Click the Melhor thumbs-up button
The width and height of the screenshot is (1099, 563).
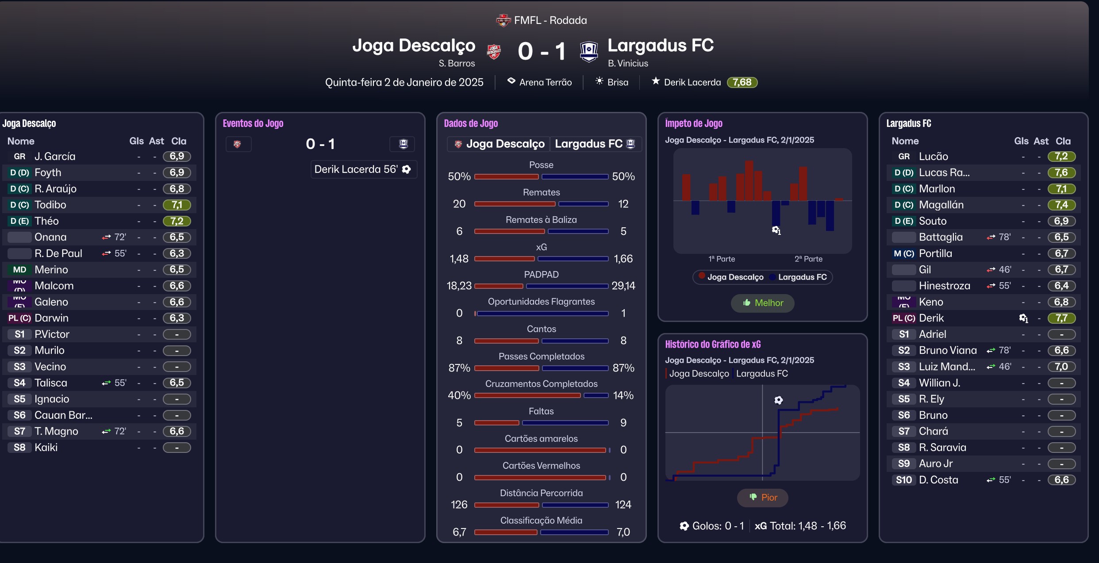click(762, 303)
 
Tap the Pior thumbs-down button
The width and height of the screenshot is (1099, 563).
click(762, 498)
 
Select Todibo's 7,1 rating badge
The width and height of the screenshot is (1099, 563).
click(177, 205)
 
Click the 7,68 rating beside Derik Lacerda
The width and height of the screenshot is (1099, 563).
click(742, 82)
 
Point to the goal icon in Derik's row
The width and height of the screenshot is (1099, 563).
click(1023, 318)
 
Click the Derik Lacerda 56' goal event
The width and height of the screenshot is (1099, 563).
click(363, 169)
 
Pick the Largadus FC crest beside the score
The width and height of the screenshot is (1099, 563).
click(589, 52)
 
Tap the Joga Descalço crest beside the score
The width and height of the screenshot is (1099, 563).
click(494, 52)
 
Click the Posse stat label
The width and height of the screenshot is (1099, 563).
click(541, 165)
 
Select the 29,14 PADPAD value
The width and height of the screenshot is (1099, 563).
click(623, 286)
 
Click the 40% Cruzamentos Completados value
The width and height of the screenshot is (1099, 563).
click(459, 395)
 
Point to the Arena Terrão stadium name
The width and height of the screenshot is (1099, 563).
click(545, 82)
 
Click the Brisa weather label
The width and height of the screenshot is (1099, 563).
click(618, 82)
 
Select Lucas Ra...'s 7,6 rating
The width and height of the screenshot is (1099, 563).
click(1061, 172)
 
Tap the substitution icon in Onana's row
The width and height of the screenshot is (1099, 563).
click(106, 237)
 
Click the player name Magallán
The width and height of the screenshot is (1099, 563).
click(941, 205)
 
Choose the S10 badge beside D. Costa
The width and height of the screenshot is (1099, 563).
click(904, 480)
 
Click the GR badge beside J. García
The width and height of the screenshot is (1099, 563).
click(19, 157)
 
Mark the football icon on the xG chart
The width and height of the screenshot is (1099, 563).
click(778, 400)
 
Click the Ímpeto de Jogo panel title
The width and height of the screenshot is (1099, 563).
click(693, 123)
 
